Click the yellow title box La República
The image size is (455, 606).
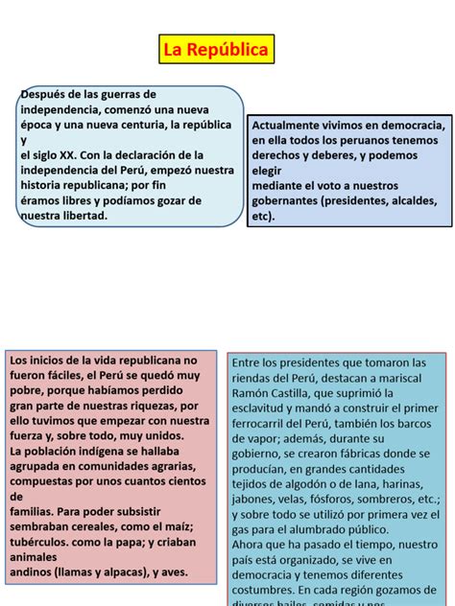[x=215, y=50]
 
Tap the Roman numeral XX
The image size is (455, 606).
[x=66, y=154]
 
